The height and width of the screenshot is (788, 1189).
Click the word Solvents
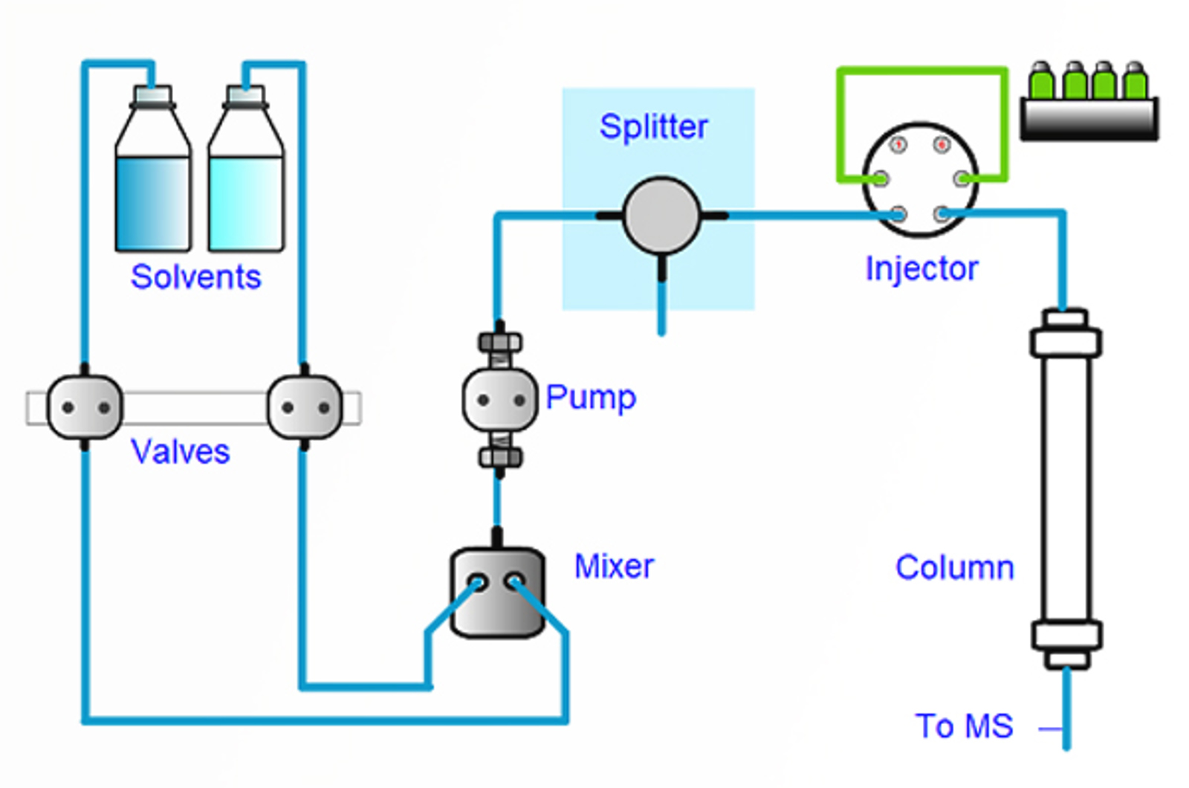pyautogui.click(x=195, y=277)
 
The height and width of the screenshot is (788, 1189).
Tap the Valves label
pyautogui.click(x=180, y=451)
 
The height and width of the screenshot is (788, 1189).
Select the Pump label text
pyautogui.click(x=591, y=397)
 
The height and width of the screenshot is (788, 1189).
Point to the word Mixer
pyautogui.click(x=614, y=566)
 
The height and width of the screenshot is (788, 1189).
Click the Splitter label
pyautogui.click(x=653, y=126)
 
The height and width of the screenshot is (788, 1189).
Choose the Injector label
pyautogui.click(x=921, y=268)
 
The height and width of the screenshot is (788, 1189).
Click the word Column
pyautogui.click(x=954, y=567)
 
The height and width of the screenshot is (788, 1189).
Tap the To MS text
pyautogui.click(x=964, y=726)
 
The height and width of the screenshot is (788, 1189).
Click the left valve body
pyautogui.click(x=85, y=407)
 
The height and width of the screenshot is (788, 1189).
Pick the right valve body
pyautogui.click(x=305, y=407)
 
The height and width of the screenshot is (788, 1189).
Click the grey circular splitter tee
pyautogui.click(x=661, y=216)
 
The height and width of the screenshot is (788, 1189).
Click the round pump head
pyautogui.click(x=499, y=400)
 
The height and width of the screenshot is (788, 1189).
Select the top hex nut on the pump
pyautogui.click(x=500, y=343)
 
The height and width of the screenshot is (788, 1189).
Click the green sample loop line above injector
pyautogui.click(x=922, y=71)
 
